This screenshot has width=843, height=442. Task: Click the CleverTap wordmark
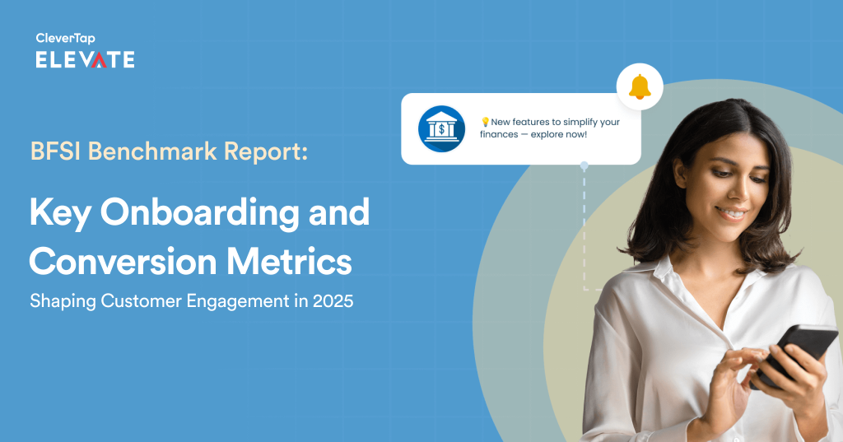[65, 38]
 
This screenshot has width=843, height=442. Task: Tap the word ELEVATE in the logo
[85, 59]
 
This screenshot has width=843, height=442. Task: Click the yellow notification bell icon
[640, 86]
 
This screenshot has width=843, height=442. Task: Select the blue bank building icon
[441, 128]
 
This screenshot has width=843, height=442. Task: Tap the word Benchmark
[140, 151]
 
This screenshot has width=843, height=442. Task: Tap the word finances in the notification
[504, 134]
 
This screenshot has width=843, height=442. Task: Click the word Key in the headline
[60, 214]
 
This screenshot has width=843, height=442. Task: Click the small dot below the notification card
[584, 165]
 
